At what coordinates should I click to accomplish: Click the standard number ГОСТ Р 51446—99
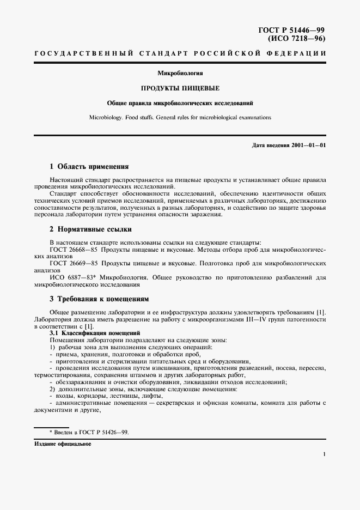pyautogui.click(x=295, y=29)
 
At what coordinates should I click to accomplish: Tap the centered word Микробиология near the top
pyautogui.click(x=180, y=73)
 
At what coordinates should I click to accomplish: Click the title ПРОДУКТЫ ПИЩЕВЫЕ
pyautogui.click(x=180, y=88)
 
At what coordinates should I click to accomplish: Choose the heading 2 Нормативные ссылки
pyautogui.click(x=90, y=229)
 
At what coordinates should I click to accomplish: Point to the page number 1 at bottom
pyautogui.click(x=324, y=454)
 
